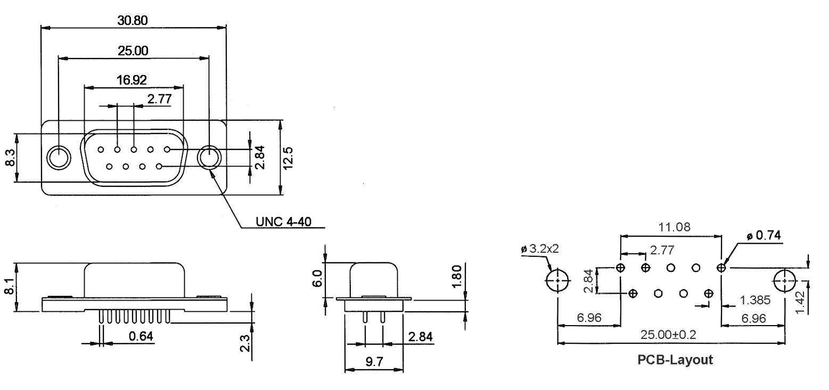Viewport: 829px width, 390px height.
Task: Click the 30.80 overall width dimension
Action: point(133,20)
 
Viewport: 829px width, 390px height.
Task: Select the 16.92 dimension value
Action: point(132,80)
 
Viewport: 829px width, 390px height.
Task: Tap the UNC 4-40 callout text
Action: point(283,222)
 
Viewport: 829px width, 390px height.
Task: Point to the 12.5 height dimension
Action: point(288,158)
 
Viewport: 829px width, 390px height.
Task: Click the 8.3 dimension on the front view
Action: point(10,157)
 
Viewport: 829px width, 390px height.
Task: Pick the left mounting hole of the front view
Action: point(59,157)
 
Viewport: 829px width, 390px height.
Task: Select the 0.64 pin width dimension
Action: point(141,336)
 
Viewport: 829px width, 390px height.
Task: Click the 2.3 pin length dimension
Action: point(245,343)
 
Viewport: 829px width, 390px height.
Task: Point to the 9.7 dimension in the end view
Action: point(374,362)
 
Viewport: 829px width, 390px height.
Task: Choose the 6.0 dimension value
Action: point(317,278)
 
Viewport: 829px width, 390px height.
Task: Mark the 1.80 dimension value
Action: point(457,276)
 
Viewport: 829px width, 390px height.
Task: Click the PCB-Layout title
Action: point(675,360)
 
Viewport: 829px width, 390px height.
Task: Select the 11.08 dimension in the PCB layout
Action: point(674,227)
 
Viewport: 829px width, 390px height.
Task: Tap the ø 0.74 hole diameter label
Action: point(764,235)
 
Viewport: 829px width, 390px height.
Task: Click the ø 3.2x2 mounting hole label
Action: point(539,249)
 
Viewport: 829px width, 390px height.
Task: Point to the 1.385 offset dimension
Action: point(755,300)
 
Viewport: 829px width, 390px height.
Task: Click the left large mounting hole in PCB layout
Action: point(557,280)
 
